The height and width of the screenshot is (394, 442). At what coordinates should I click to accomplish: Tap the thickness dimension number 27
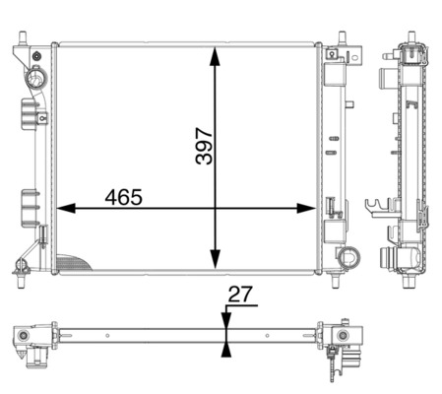(x=239, y=294)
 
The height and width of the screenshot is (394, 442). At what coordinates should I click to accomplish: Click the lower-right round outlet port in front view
(x=348, y=258)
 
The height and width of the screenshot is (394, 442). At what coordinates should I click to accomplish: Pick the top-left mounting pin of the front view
(x=22, y=39)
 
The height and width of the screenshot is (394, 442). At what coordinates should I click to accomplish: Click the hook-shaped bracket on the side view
(x=375, y=208)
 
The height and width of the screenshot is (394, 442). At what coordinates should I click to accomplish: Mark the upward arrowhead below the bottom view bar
(x=227, y=348)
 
